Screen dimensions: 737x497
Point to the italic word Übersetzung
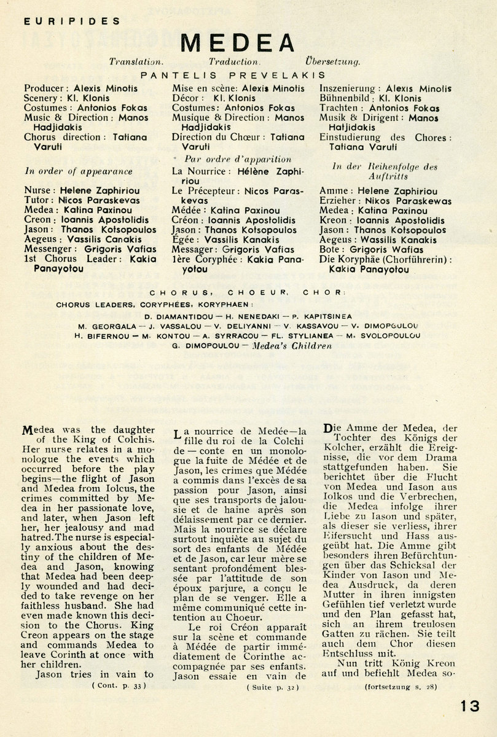click(332, 62)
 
